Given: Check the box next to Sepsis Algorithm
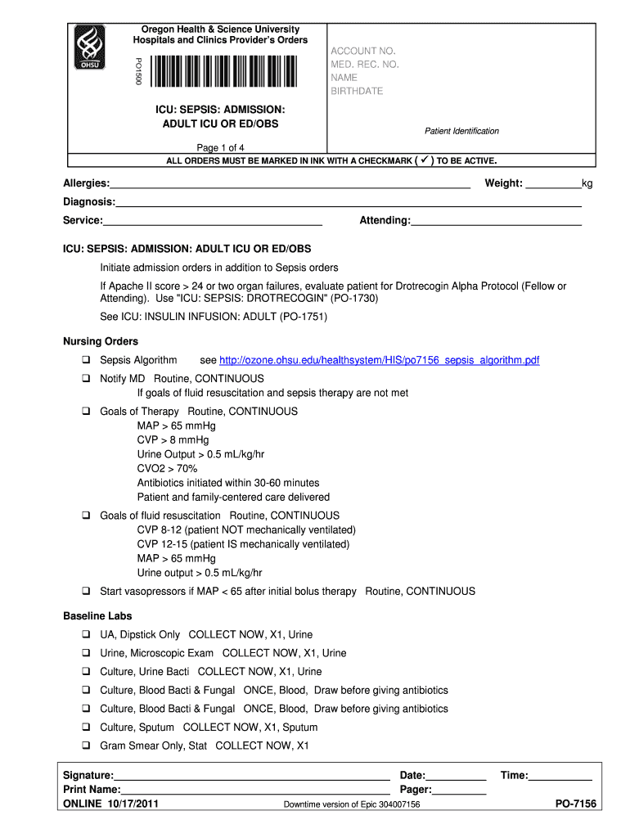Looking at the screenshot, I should point(85,360).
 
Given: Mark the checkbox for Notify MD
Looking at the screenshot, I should point(85,379).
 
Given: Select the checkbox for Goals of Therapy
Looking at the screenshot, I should point(85,412).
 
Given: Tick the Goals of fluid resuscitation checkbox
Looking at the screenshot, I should point(85,516).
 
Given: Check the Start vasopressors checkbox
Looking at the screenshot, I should point(85,591).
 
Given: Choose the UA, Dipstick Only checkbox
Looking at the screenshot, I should point(85,634).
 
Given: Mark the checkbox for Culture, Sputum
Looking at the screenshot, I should point(85,728).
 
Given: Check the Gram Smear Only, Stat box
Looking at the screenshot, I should point(85,746).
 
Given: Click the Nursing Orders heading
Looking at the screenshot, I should point(101,341).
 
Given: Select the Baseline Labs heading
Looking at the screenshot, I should point(97,615).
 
